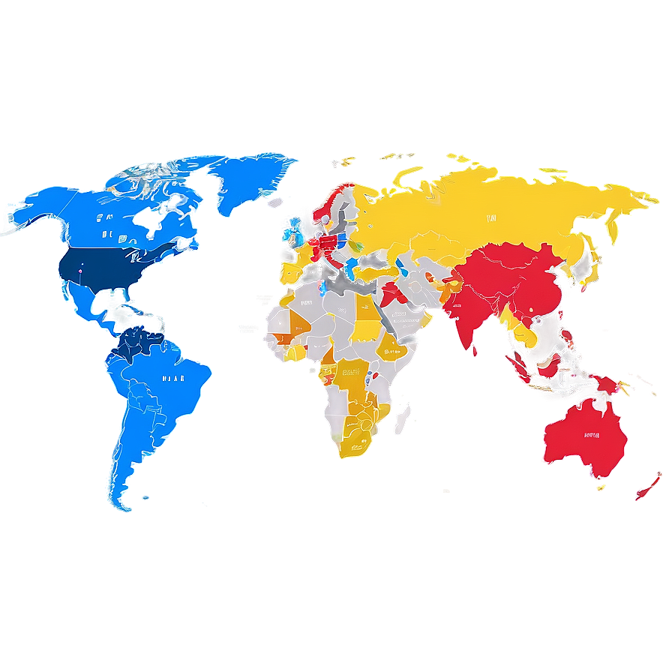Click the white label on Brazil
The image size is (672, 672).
click(x=173, y=379)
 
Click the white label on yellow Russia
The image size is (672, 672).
click(x=491, y=218)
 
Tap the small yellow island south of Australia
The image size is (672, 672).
click(x=600, y=488)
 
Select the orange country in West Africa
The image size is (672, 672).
click(x=299, y=322)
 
